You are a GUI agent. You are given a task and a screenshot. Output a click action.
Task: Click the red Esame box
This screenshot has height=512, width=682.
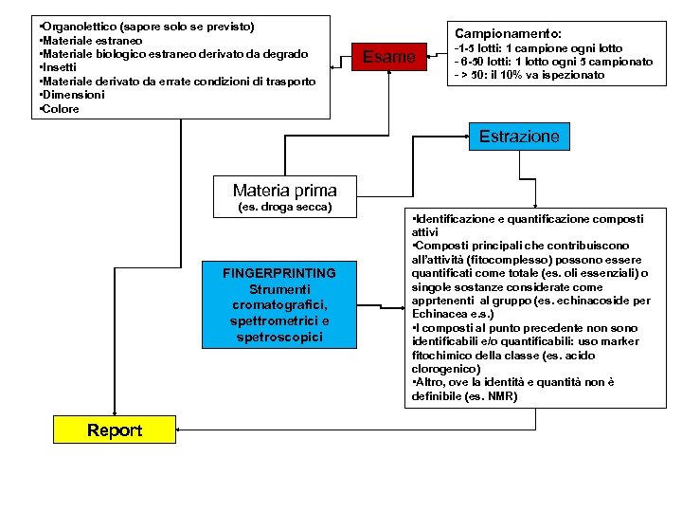(390, 57)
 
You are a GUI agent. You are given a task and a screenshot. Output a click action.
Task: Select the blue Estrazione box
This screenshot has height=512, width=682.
(519, 137)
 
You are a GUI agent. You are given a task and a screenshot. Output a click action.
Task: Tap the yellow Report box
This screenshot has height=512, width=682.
(115, 430)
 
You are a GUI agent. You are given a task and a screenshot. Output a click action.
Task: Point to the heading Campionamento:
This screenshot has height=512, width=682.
(509, 31)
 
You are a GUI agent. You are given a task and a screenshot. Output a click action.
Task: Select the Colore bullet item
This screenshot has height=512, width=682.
(61, 109)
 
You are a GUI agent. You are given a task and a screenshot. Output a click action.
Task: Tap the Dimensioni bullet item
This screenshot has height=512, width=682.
(71, 95)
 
